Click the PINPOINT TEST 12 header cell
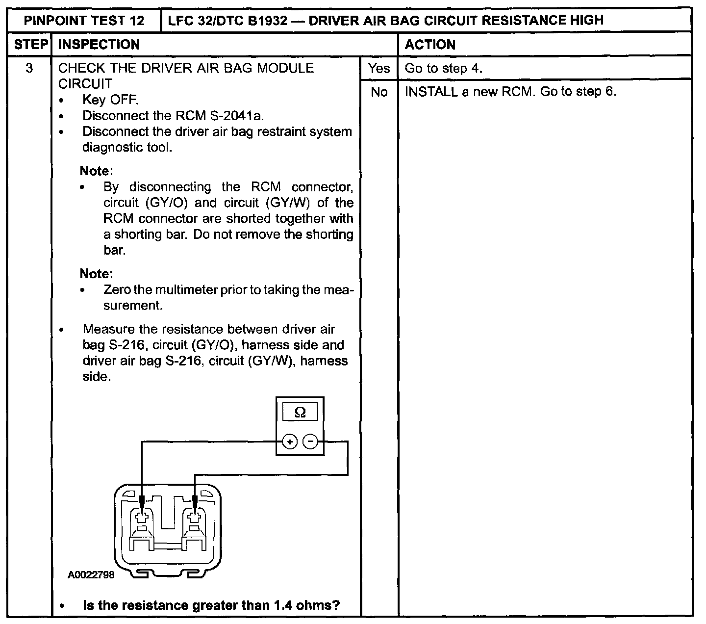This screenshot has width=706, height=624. (84, 21)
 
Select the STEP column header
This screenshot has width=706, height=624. (29, 45)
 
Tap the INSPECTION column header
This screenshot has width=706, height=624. (99, 45)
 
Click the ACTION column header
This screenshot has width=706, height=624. (430, 45)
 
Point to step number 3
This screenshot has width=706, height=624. (29, 68)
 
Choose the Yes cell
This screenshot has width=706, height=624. (379, 68)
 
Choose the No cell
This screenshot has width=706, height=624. (379, 92)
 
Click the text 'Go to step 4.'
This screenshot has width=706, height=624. (443, 68)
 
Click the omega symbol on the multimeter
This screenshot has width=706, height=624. (300, 413)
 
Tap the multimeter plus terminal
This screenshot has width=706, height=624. (290, 442)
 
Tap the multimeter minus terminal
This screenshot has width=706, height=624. (310, 442)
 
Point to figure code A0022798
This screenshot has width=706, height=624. (91, 574)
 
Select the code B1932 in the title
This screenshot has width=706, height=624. (268, 21)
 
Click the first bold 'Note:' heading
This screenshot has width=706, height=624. (97, 171)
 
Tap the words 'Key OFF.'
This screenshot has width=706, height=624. (110, 100)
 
